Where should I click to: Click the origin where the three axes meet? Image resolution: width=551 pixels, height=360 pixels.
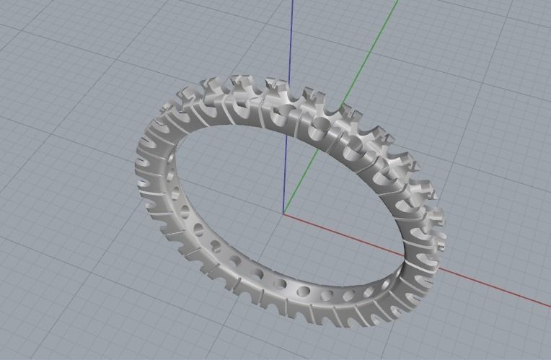click(283, 214)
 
